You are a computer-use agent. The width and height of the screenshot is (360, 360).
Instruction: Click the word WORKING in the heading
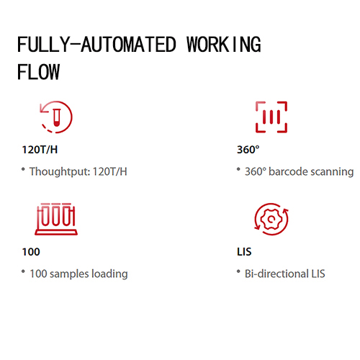pyautogui.click(x=224, y=45)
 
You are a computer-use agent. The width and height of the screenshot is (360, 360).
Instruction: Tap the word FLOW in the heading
pyautogui.click(x=38, y=72)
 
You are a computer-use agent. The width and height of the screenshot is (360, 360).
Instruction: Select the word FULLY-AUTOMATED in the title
pyautogui.click(x=96, y=45)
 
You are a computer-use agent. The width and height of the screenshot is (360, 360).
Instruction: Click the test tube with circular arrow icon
pyautogui.click(x=56, y=117)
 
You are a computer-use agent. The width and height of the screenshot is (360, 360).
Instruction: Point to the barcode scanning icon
pyautogui.click(x=271, y=117)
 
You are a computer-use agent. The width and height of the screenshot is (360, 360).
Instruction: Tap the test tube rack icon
pyautogui.click(x=56, y=219)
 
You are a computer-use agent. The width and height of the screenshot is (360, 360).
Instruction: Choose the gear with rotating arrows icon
pyautogui.click(x=271, y=219)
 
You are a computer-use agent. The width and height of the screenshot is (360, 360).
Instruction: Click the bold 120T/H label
pyautogui.click(x=40, y=150)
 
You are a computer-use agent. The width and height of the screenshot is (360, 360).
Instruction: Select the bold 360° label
pyautogui.click(x=248, y=150)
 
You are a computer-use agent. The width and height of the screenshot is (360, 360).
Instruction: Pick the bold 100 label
pyautogui.click(x=31, y=252)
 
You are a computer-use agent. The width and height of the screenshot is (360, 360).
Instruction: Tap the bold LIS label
pyautogui.click(x=244, y=252)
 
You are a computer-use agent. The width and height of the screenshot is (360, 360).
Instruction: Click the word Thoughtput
pyautogui.click(x=60, y=172)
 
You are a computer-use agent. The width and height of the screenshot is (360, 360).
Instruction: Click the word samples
pyautogui.click(x=69, y=274)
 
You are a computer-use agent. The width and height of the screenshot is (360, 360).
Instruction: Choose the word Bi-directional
pyautogui.click(x=276, y=274)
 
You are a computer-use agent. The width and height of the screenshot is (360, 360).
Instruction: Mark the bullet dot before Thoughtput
pyautogui.click(x=23, y=169)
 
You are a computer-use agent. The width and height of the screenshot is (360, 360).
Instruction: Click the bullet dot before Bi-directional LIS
pyautogui.click(x=238, y=271)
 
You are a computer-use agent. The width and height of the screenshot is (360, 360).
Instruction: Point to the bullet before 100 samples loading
pyautogui.click(x=23, y=271)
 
